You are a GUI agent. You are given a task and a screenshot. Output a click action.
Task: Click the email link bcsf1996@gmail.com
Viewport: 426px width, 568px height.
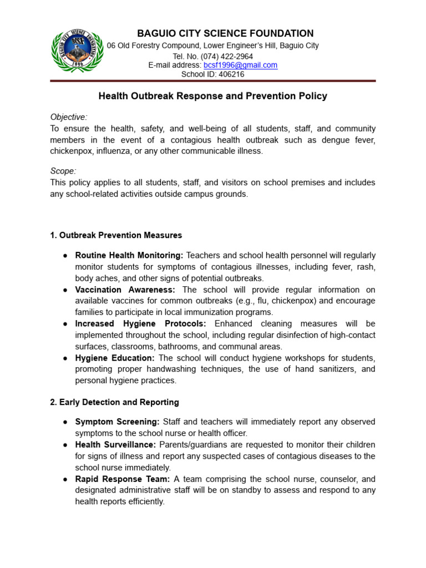240,65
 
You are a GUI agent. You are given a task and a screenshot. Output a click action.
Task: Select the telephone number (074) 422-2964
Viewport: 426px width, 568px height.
227,56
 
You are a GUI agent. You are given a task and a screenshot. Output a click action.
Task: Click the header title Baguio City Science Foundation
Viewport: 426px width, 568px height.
212,33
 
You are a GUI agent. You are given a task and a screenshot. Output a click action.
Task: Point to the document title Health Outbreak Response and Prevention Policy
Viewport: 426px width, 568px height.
212,96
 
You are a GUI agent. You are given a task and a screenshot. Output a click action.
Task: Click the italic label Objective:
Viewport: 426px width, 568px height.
69,117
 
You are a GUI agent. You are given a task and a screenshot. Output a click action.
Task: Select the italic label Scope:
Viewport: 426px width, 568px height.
63,171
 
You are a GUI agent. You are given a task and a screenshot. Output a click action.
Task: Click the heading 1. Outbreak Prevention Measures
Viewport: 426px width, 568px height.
116,235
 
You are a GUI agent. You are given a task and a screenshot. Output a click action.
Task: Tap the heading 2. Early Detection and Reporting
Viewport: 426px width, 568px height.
114,402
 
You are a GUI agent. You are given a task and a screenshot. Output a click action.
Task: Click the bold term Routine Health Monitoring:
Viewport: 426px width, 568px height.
129,256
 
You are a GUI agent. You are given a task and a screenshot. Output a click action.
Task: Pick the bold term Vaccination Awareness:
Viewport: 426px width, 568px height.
125,290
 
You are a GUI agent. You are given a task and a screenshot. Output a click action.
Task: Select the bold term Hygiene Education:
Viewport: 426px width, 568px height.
115,358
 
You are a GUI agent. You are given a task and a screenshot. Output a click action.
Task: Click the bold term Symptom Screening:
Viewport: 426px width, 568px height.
117,422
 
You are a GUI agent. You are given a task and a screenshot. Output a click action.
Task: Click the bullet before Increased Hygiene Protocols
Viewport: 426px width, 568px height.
65,324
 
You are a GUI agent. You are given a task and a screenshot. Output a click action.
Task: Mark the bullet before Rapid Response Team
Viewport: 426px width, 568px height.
65,479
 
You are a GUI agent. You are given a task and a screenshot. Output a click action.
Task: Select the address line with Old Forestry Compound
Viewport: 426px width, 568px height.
212,45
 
